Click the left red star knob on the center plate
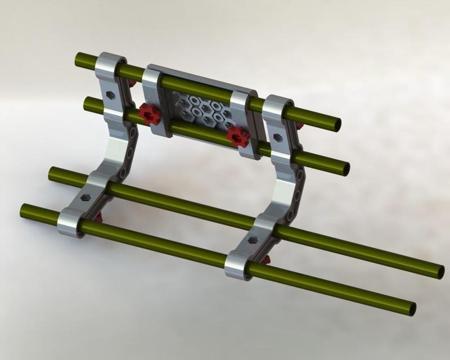(x=150, y=114)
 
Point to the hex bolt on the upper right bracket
(x=277, y=137)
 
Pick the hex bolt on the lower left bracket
(x=85, y=198)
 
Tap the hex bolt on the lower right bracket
(x=253, y=239)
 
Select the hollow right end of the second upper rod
(x=345, y=169)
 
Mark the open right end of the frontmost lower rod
(x=412, y=309)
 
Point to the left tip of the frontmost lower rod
(x=24, y=210)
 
